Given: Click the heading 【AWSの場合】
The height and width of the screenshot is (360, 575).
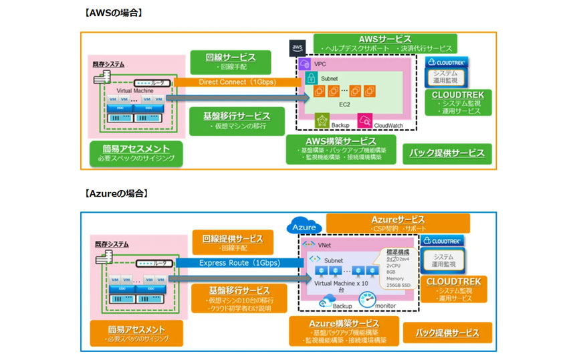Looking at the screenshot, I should click(x=114, y=13).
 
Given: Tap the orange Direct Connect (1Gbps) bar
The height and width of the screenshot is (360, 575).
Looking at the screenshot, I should click(x=231, y=82).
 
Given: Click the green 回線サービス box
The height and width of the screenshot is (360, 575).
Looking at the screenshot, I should click(x=230, y=62).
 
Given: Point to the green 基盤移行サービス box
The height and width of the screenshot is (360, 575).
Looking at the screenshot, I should click(x=231, y=120).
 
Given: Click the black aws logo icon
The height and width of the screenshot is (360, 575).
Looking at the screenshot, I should click(x=298, y=48).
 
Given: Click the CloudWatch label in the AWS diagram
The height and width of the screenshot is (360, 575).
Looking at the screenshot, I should click(x=388, y=125).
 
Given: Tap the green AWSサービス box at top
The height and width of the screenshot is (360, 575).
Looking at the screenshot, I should click(x=385, y=43).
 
